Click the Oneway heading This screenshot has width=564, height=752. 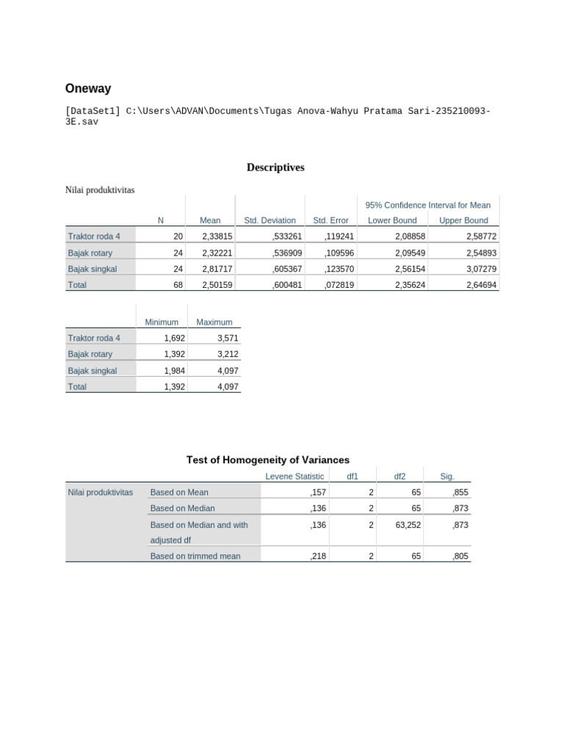[88, 89]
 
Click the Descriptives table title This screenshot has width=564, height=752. [275, 167]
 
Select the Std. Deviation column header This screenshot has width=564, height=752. [270, 220]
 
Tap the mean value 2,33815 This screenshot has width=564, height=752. [217, 236]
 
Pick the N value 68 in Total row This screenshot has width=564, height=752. [178, 285]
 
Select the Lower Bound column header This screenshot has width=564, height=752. [392, 220]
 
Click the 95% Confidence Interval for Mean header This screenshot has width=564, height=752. [427, 205]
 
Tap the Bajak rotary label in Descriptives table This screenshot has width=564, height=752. [90, 253]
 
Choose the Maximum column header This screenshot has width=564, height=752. [214, 322]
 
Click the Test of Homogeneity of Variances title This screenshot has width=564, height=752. [267, 460]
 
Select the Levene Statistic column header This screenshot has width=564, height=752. [294, 477]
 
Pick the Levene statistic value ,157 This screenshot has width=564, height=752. [318, 493]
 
